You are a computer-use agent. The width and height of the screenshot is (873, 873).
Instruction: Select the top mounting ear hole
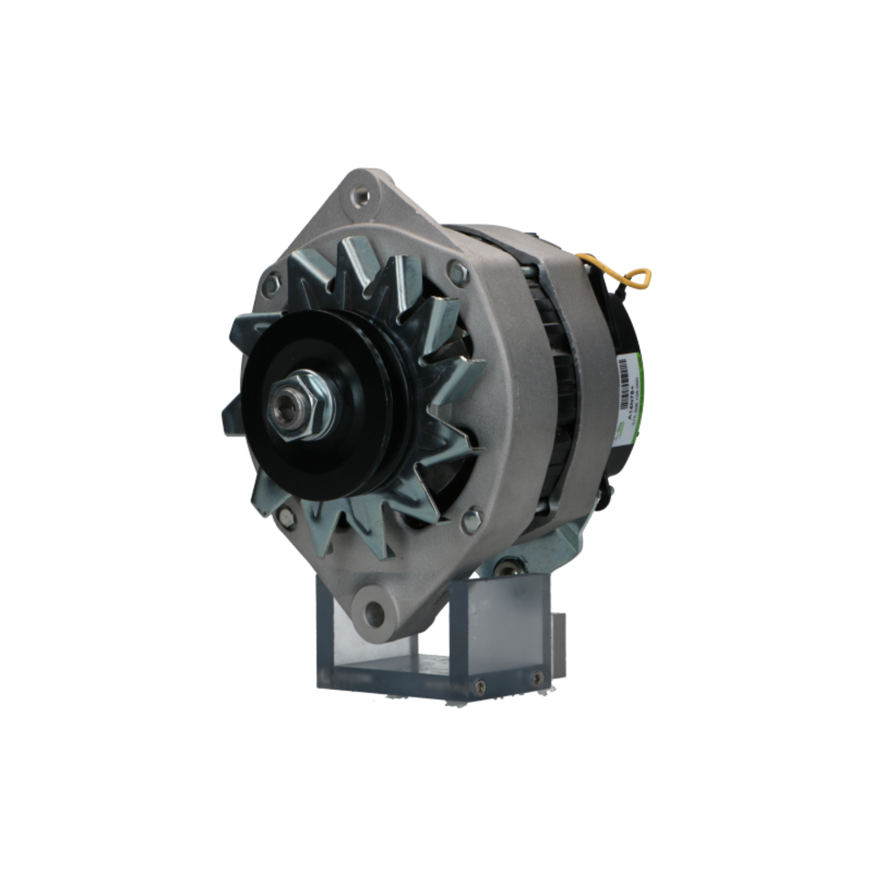tap(360, 196)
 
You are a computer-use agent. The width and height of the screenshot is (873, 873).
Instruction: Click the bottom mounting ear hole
tap(375, 614)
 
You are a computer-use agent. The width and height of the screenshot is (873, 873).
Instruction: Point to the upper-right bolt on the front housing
tap(457, 272)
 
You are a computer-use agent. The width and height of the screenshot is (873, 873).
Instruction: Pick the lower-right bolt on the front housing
tap(471, 521)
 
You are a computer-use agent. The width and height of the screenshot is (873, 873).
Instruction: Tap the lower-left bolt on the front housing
tap(285, 519)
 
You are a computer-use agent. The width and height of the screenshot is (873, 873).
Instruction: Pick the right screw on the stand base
tap(535, 677)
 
